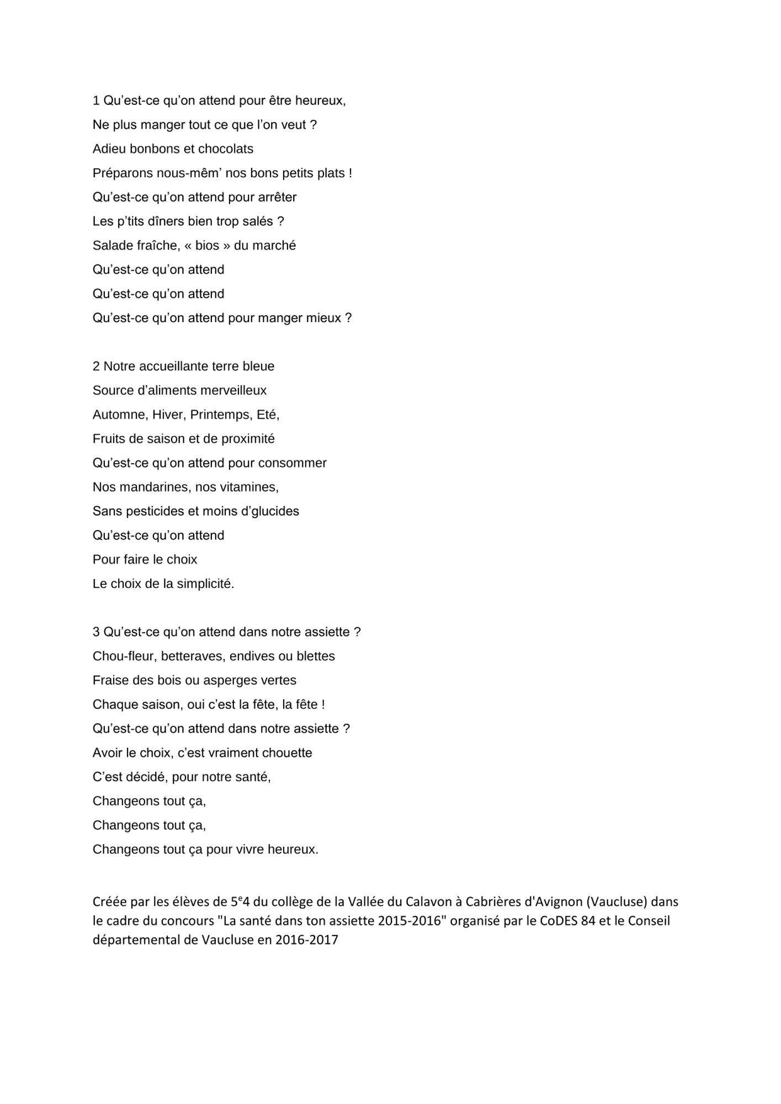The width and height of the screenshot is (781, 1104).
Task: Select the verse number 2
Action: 96,367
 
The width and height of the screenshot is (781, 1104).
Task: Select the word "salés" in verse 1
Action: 257,221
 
